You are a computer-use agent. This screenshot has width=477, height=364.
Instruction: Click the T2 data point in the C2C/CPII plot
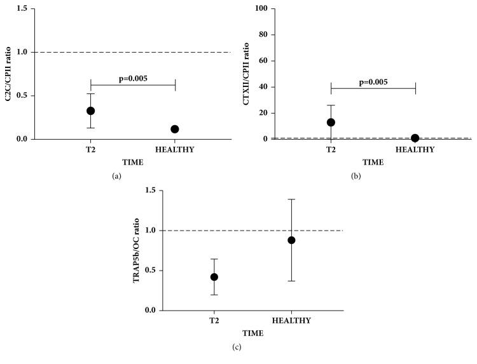click(x=91, y=111)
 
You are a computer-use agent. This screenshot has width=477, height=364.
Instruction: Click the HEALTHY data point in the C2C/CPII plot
click(x=175, y=129)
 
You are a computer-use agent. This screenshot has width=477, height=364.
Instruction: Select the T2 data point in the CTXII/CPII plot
click(x=331, y=122)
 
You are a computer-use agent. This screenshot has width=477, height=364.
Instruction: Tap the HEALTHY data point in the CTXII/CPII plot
click(x=415, y=138)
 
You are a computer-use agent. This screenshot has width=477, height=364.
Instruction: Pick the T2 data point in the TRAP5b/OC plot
click(x=214, y=277)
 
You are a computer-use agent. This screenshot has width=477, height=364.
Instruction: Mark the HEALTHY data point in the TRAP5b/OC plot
click(x=291, y=240)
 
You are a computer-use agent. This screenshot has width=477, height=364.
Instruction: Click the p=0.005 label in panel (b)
click(x=373, y=82)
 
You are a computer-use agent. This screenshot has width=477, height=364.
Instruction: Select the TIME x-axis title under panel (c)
click(x=253, y=332)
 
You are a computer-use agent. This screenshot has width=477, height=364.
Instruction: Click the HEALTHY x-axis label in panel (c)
click(x=291, y=321)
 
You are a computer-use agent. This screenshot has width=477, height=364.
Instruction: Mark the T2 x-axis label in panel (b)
click(x=331, y=150)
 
